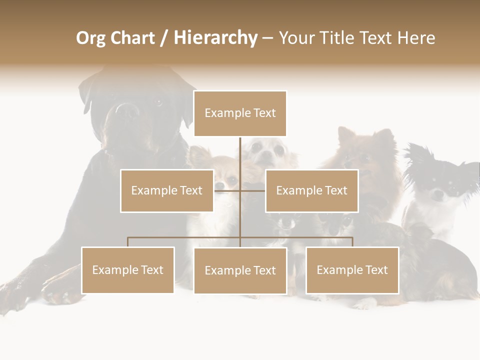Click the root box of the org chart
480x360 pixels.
point(240,113)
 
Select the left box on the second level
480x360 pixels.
point(166,190)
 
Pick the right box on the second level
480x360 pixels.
point(311,190)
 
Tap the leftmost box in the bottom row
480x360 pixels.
point(127,270)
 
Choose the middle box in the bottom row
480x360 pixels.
point(240,270)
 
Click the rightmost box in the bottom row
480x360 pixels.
point(352,270)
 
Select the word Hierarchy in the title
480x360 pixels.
point(215,38)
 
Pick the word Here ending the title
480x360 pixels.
point(416,38)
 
